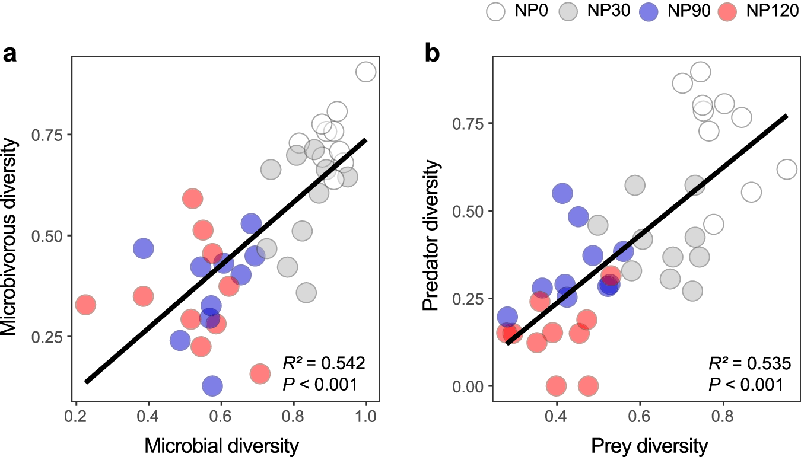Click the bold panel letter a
pyautogui.click(x=10, y=55)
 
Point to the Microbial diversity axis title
pyautogui.click(x=221, y=446)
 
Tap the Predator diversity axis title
pyautogui.click(x=432, y=229)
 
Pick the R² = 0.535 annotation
pyautogui.click(x=749, y=363)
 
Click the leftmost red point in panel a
pyautogui.click(x=85, y=305)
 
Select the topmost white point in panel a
pyautogui.click(x=366, y=72)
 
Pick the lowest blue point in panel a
pyautogui.click(x=212, y=386)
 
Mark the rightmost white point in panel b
pyautogui.click(x=787, y=170)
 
